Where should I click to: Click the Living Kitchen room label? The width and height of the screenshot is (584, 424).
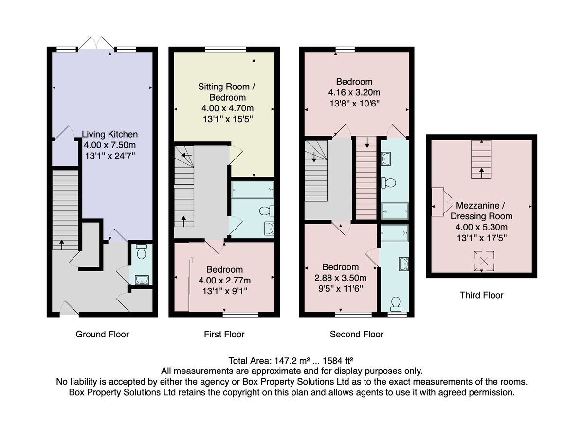[x=110, y=134]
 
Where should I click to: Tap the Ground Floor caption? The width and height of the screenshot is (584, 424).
[x=102, y=334]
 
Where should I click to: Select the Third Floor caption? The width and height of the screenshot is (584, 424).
[x=481, y=295]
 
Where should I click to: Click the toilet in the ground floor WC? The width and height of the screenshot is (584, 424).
[x=142, y=251]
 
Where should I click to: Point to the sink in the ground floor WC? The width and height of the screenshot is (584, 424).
[x=142, y=280]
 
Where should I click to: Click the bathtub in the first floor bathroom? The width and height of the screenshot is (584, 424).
[x=253, y=190]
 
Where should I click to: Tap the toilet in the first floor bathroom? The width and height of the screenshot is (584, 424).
[x=267, y=211]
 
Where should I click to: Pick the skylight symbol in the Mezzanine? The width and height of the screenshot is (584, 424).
[x=484, y=261]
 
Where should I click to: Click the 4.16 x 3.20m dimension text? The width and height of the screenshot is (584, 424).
[x=354, y=92]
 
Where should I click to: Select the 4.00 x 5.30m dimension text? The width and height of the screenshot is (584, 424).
[x=481, y=227]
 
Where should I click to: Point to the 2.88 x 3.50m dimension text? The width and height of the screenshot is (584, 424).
[x=340, y=278]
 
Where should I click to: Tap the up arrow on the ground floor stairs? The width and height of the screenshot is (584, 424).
[x=62, y=245]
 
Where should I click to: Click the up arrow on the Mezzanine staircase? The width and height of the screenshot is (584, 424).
[x=481, y=173]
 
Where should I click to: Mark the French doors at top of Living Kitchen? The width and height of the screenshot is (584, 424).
[x=96, y=43]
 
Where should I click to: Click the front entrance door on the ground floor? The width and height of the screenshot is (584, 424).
[x=69, y=308]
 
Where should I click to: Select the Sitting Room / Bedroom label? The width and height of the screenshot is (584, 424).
[x=227, y=92]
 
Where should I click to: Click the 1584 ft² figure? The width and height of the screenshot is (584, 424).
[x=338, y=361]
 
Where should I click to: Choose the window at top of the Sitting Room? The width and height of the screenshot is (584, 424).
[x=225, y=49]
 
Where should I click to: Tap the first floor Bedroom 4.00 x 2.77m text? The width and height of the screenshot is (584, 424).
[x=224, y=280]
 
